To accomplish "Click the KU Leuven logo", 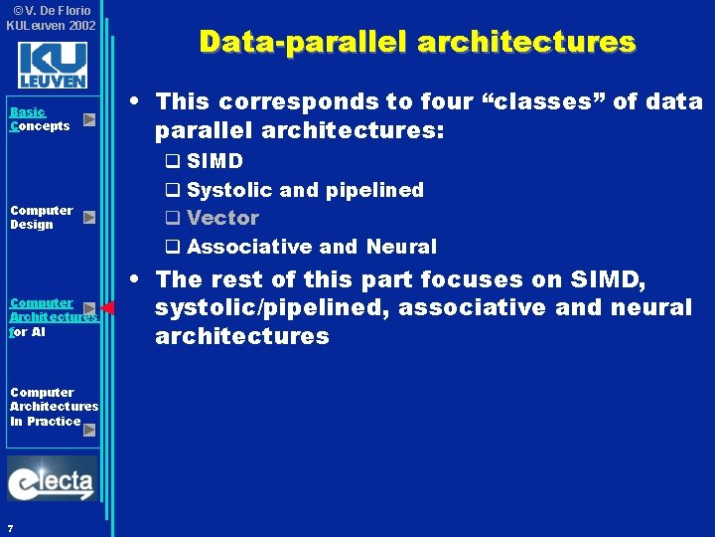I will point(52,65).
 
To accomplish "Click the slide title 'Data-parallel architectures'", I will point(416,42).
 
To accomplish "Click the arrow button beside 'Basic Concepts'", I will point(89,119).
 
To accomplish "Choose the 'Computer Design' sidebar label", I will point(41,217).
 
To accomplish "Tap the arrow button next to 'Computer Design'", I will point(89,217).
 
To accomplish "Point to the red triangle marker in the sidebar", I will point(108,308).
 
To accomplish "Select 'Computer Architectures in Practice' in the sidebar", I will point(54,406).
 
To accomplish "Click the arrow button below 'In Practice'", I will point(89,430).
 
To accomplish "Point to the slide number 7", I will point(9,527).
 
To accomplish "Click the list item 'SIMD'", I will point(214,161).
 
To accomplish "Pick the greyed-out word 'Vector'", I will point(222,218).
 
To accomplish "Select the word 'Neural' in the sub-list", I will point(401,247).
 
